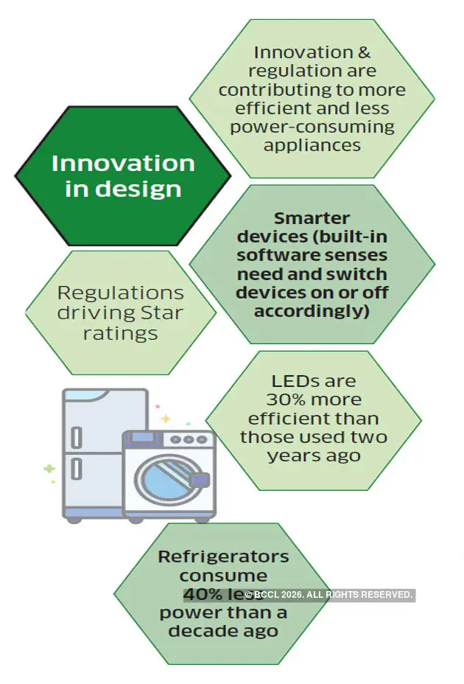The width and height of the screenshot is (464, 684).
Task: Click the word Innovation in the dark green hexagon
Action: click(123, 163)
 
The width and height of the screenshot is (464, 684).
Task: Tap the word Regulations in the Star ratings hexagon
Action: click(120, 292)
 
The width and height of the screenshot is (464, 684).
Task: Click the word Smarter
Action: click(312, 218)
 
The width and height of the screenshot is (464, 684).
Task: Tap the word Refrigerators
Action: click(223, 556)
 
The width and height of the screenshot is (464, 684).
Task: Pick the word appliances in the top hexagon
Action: click(312, 144)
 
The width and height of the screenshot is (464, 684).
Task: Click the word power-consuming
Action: click(312, 126)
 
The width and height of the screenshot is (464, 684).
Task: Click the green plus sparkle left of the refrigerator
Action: click(49, 468)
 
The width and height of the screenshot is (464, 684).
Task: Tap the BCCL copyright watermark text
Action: click(328, 595)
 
